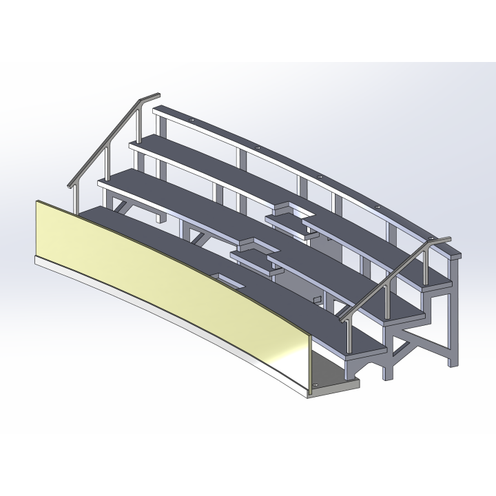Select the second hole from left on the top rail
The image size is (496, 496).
pyautogui.click(x=257, y=147)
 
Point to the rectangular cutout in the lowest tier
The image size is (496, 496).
pyautogui.click(x=227, y=280)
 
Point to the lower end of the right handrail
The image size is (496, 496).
pyautogui.click(x=340, y=319)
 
